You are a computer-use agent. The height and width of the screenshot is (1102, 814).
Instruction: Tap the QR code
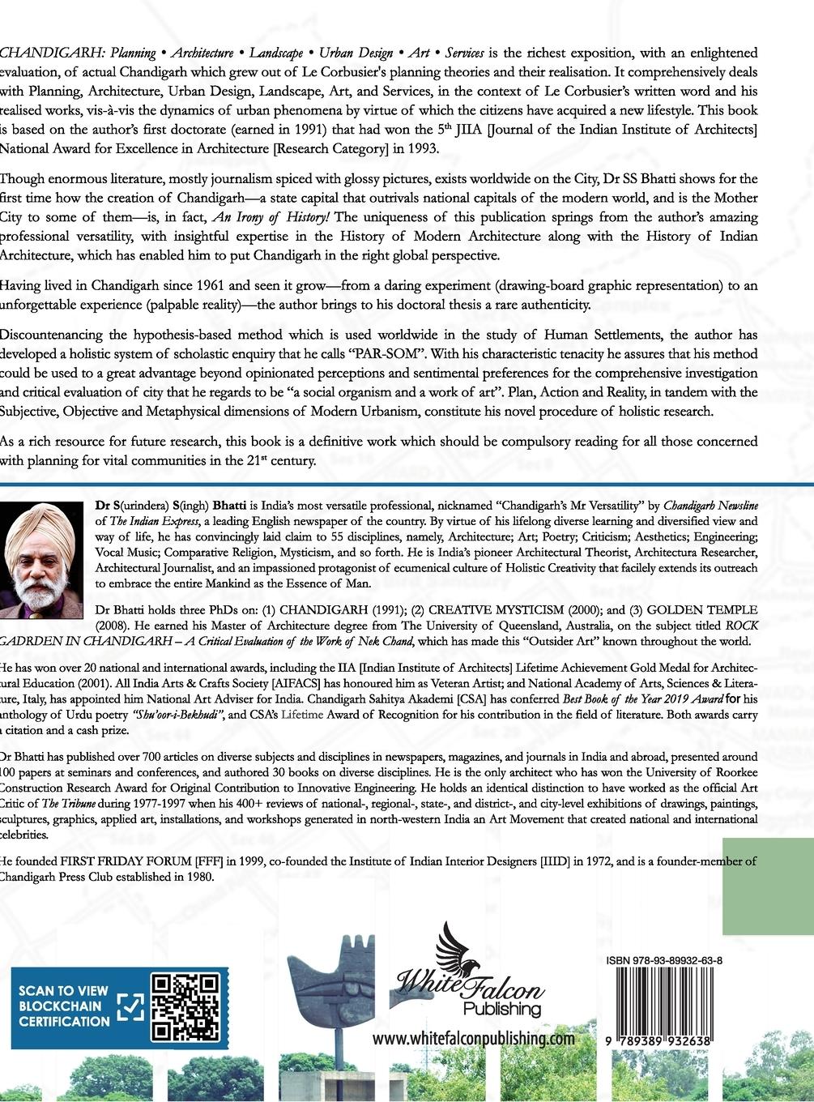tap(186, 1008)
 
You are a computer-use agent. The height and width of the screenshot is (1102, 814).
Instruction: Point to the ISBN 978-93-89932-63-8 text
tap(663, 961)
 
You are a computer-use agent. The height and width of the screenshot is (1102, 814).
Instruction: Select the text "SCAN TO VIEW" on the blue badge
tap(58, 990)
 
